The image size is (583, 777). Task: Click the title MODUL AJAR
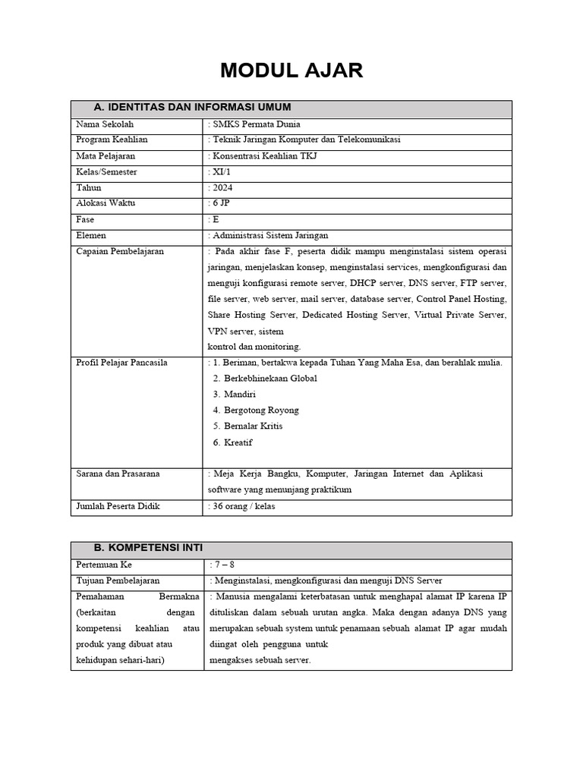(x=291, y=71)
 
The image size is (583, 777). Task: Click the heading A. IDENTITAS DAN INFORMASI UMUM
(x=192, y=107)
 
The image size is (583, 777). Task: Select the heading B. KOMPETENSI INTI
(x=148, y=548)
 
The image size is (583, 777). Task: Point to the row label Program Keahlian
(x=112, y=140)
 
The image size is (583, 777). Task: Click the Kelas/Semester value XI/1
(x=222, y=172)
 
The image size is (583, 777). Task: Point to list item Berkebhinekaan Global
(x=270, y=379)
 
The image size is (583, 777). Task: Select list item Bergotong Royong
(x=261, y=411)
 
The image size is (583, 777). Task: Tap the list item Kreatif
(x=238, y=442)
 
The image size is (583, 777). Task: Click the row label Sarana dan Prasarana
(x=118, y=474)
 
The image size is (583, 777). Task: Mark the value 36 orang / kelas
(x=242, y=506)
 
